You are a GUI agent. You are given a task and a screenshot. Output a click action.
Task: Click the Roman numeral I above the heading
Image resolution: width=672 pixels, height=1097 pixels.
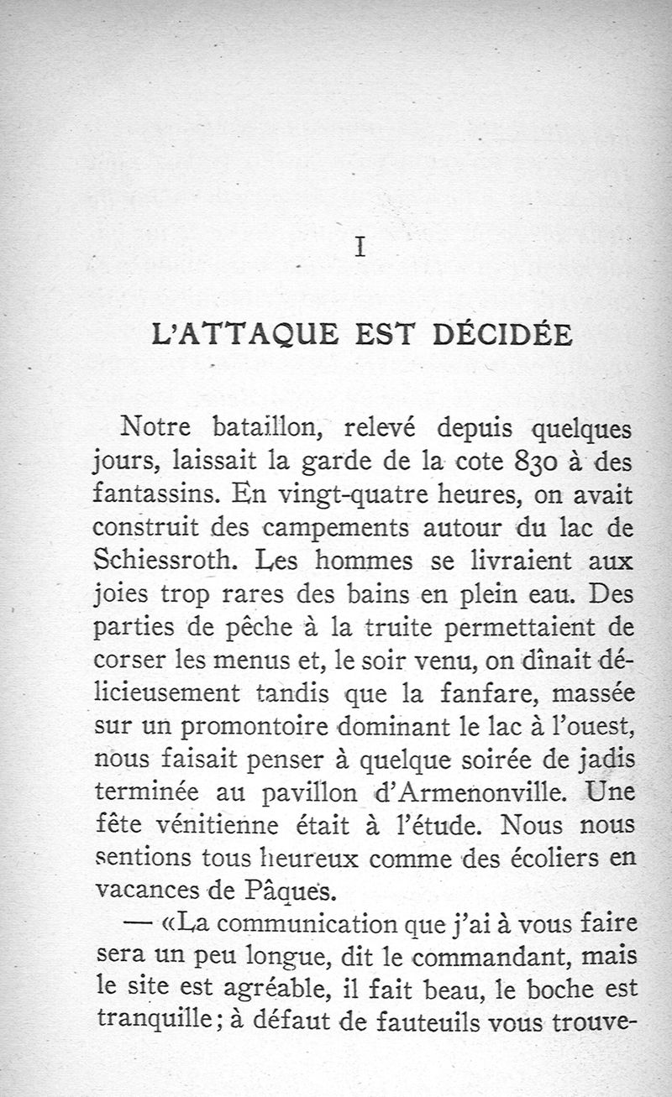click(x=360, y=247)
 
